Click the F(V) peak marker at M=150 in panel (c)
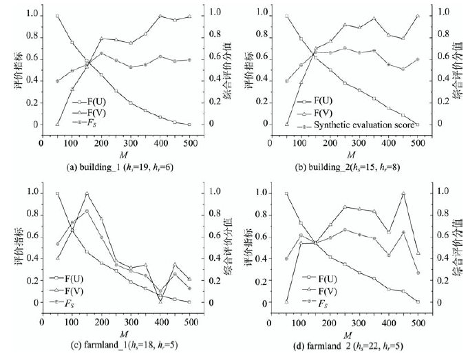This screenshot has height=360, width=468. click(x=87, y=193)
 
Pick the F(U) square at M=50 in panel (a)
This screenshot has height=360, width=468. click(x=57, y=16)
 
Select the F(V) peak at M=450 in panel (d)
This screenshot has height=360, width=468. click(x=403, y=193)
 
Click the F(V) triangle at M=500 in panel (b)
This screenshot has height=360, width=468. click(x=416, y=16)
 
